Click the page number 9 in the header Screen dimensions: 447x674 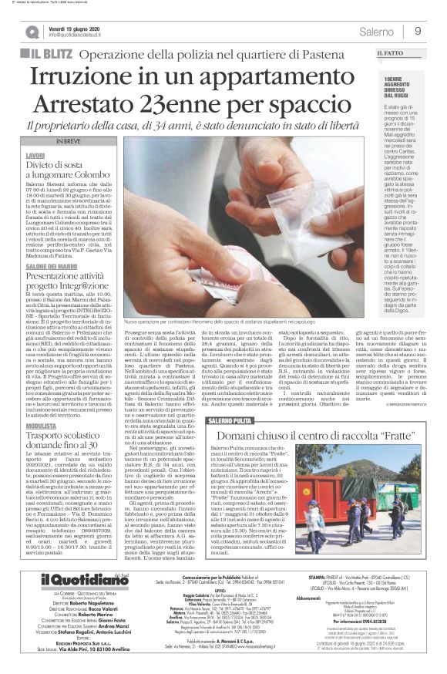[418, 31]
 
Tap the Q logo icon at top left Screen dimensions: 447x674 [32, 32]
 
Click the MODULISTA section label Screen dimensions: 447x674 [39, 424]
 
